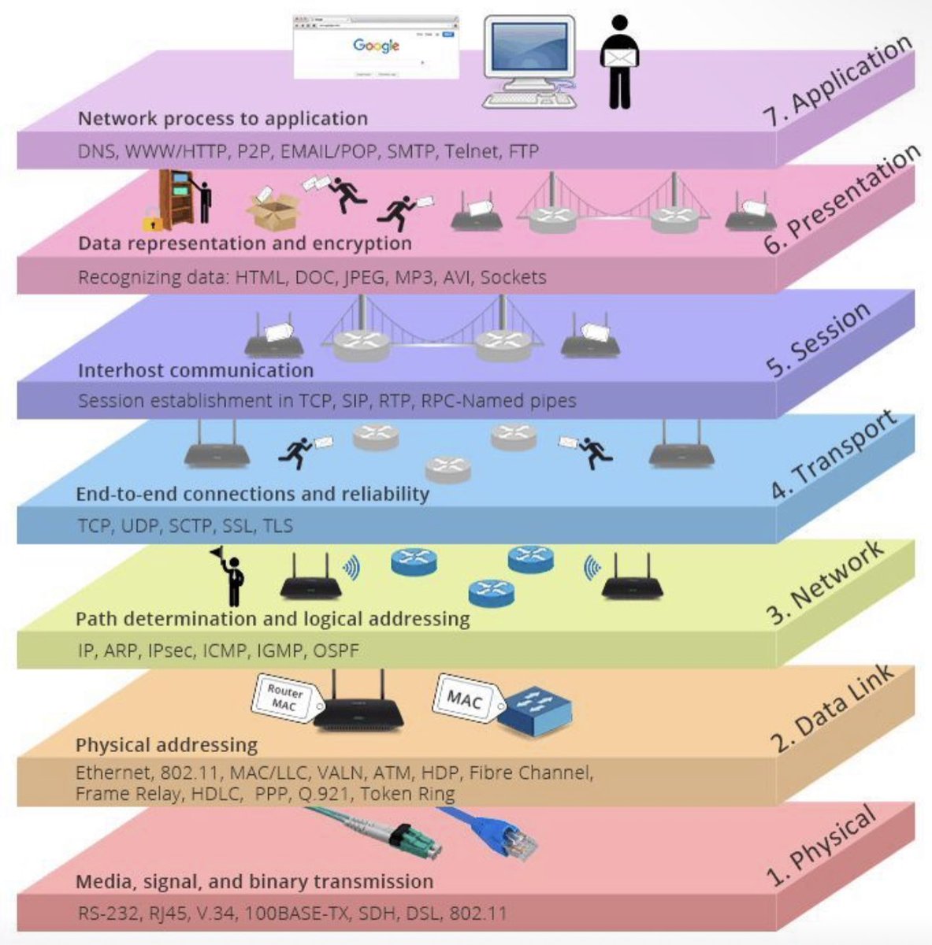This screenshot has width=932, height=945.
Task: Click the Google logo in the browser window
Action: point(376,45)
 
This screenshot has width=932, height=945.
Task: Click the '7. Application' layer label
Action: point(836,81)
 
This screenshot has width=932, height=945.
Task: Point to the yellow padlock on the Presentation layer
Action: point(152,218)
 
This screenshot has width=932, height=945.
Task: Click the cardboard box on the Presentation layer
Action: point(273,209)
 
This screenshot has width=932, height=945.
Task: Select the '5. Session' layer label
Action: point(819,339)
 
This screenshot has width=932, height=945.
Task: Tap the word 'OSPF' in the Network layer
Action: point(336,650)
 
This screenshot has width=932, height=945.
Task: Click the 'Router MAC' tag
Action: point(282,698)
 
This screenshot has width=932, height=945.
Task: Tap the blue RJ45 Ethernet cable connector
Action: point(508,836)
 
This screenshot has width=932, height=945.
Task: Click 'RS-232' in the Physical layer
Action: point(107,913)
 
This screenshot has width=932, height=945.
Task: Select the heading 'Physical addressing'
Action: point(166,745)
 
